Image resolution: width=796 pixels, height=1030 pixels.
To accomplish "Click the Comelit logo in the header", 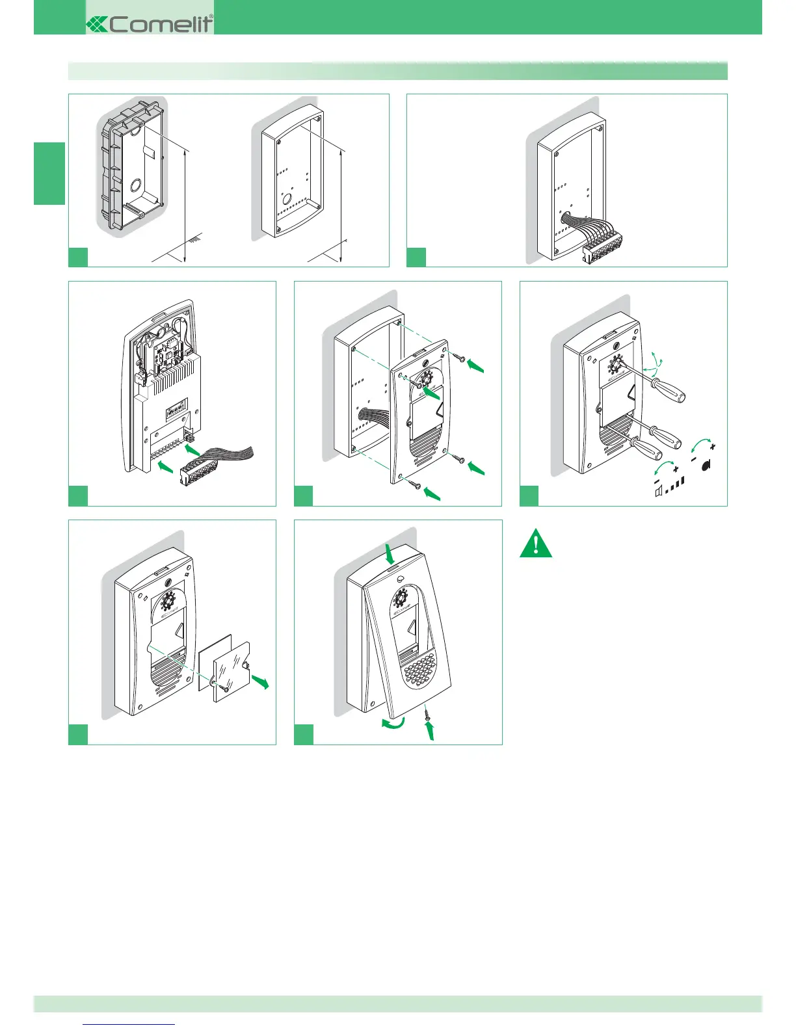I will click(x=150, y=24).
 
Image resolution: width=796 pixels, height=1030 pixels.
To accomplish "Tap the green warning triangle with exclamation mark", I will click(x=536, y=545).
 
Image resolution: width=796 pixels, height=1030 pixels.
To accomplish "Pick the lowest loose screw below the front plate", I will click(x=416, y=484).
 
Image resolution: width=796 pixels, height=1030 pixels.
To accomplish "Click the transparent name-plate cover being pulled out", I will click(x=232, y=672).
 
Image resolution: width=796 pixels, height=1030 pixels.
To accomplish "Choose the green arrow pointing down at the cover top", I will click(x=391, y=555).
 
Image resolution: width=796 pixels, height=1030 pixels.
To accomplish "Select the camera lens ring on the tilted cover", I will click(x=402, y=596).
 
